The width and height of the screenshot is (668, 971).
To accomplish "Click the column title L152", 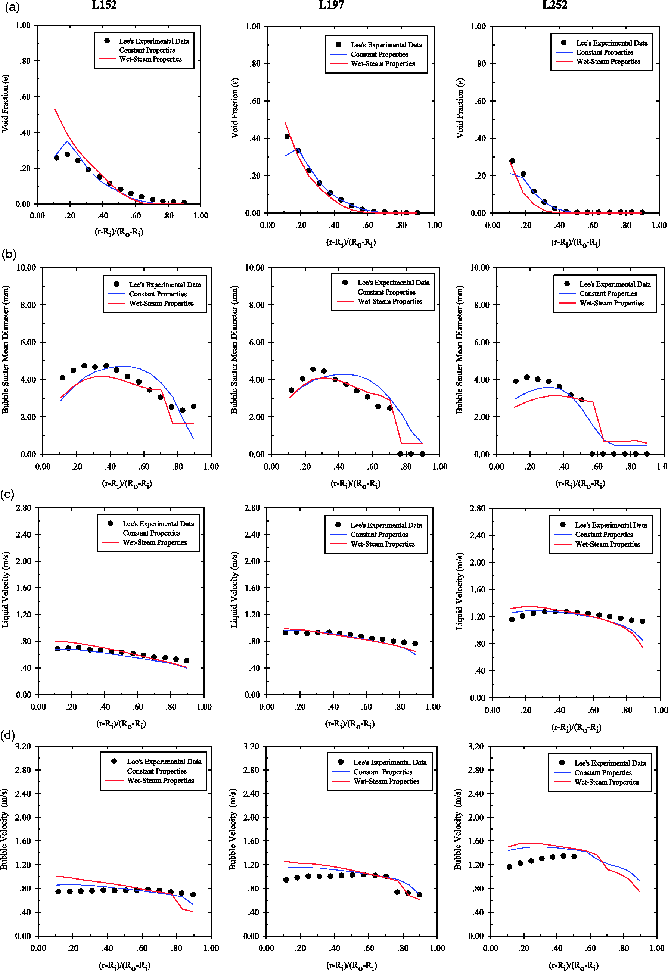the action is point(104,5).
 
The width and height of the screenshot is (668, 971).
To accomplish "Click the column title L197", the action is point(331,5).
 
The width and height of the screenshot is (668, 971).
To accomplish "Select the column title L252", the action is point(554,5).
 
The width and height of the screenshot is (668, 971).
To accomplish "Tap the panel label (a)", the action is point(12,7).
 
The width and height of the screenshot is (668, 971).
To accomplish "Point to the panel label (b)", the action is point(9,254).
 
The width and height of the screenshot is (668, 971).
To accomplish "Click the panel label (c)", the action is point(7,494).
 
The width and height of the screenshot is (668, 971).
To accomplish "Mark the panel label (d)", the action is point(8,735).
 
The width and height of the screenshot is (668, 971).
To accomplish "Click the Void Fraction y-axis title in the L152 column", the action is point(5,103).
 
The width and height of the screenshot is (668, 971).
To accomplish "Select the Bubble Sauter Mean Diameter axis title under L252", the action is point(459,350).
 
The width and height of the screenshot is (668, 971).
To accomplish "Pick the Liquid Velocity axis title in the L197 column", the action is point(234,589).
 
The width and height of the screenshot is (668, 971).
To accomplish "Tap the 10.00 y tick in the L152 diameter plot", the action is point(26,268).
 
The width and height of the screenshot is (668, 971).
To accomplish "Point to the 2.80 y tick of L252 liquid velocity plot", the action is point(478,508).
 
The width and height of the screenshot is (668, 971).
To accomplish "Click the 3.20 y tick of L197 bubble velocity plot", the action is point(251,746).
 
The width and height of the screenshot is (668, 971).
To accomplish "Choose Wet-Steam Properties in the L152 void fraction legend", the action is point(150,59).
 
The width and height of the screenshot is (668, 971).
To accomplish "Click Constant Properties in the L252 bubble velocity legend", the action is point(603,773).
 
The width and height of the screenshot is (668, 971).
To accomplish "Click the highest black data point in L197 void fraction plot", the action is point(287,136).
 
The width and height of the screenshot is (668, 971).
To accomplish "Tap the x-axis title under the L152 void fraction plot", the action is point(119,232).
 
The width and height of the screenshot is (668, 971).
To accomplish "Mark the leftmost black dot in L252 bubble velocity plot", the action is point(509,867).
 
